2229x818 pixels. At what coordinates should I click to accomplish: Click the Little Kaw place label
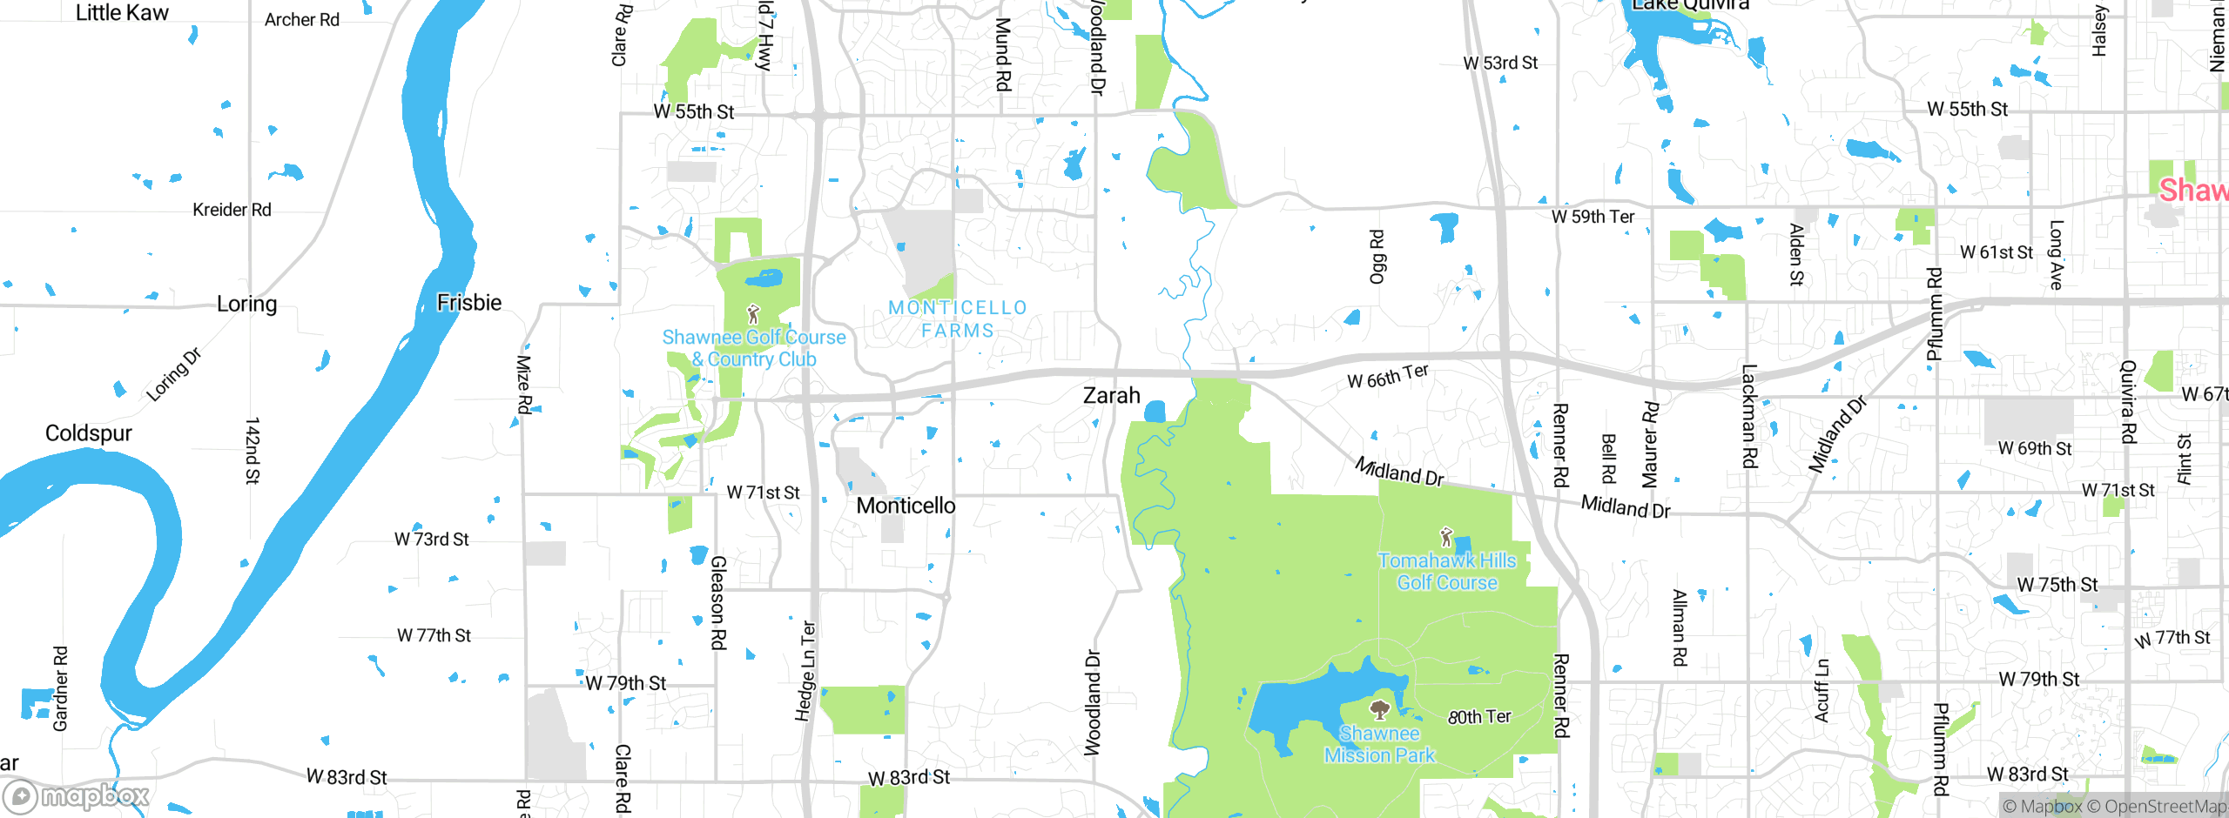coord(122,13)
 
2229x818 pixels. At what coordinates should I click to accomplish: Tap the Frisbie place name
coord(469,303)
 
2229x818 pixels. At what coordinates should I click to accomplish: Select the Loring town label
coord(246,304)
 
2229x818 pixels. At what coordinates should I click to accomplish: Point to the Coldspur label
coord(89,433)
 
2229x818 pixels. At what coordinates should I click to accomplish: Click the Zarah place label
coord(1111,395)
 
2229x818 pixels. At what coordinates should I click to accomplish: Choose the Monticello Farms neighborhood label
coord(958,319)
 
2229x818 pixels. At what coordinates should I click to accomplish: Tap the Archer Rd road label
coord(302,20)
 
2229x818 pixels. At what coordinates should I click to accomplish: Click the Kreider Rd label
coord(232,210)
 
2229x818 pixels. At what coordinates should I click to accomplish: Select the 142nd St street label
coord(252,450)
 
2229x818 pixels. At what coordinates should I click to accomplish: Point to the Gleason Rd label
coord(718,602)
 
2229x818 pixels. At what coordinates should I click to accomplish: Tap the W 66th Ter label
coord(1388,376)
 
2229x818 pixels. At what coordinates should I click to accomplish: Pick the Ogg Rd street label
coord(1377,257)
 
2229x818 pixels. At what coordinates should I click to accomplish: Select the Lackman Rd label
coord(1749,416)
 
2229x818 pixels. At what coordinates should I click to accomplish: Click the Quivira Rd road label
coord(2127,402)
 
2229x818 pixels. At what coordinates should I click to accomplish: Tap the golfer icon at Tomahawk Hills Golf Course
coord(1446,536)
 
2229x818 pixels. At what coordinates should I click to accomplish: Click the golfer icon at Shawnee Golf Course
coord(753,313)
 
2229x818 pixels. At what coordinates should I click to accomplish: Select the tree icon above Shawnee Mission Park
coord(1379,709)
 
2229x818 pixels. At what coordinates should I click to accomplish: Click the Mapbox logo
coord(77,795)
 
